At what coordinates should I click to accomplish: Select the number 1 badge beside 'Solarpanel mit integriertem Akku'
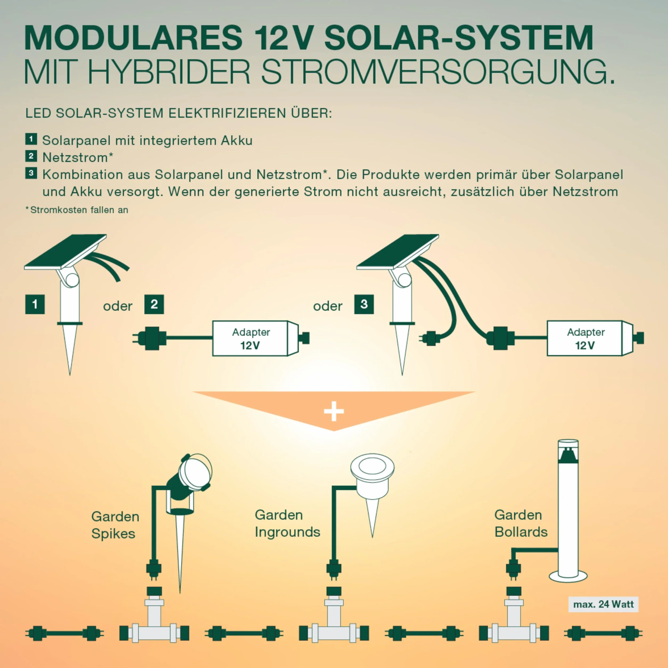(31, 139)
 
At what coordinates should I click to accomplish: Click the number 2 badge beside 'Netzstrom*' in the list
(31, 156)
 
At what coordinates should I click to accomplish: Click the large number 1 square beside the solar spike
(35, 304)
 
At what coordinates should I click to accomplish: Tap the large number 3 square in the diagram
(364, 304)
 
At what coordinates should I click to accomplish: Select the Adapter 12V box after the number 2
(255, 338)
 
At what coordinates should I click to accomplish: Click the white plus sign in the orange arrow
(334, 411)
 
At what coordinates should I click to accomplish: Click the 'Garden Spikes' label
(115, 525)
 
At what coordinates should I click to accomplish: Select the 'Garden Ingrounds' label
(287, 523)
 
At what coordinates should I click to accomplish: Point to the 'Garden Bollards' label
(521, 523)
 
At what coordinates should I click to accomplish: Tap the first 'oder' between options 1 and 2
(118, 306)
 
